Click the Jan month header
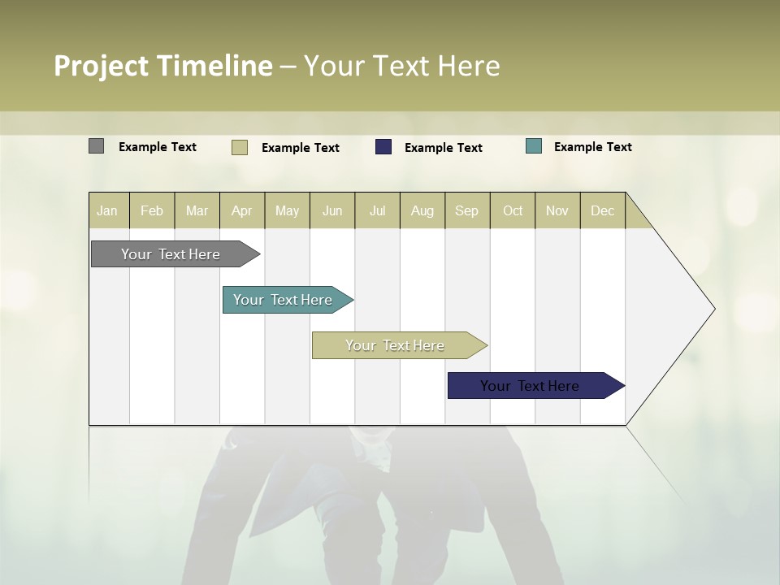[x=107, y=210]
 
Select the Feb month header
[x=152, y=210]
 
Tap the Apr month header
[x=241, y=210]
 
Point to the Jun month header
[x=332, y=210]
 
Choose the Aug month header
[x=422, y=210]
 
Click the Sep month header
[x=466, y=210]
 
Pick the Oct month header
[x=513, y=210]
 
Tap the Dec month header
[x=602, y=210]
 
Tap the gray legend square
[x=96, y=146]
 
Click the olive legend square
[x=239, y=147]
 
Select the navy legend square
[x=383, y=147]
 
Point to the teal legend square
[x=534, y=146]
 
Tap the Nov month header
[x=557, y=210]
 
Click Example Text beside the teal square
[x=592, y=146]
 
